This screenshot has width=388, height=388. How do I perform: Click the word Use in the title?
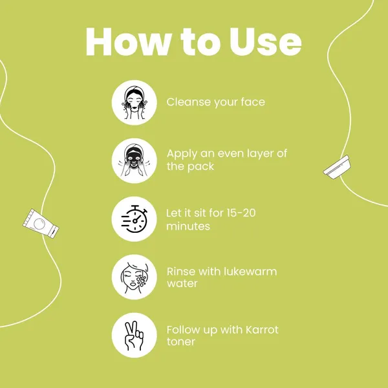click(x=265, y=41)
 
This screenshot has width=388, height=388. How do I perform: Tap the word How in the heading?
click(x=129, y=41)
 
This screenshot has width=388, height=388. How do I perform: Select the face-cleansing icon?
click(x=134, y=102)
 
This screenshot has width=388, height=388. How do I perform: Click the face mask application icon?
click(x=134, y=160)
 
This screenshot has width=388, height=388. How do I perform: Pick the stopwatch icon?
click(x=134, y=219)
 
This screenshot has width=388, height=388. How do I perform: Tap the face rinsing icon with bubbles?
click(x=134, y=277)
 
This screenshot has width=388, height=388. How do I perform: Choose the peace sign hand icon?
click(x=134, y=335)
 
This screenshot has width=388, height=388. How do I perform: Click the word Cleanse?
click(x=189, y=102)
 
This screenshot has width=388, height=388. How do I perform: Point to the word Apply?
click(x=182, y=155)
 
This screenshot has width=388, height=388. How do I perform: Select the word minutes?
click(x=188, y=226)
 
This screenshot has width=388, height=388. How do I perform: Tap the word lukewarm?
click(x=250, y=271)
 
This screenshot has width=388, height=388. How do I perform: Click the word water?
click(x=182, y=284)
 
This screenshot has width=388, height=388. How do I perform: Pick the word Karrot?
click(x=262, y=330)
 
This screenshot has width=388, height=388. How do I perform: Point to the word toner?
click(x=181, y=341)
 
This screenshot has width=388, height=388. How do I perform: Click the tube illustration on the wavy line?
click(x=41, y=224)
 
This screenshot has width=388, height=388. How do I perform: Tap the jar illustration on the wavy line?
click(x=337, y=167)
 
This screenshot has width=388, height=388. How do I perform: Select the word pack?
click(x=200, y=167)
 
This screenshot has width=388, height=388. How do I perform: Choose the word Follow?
click(x=183, y=330)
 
